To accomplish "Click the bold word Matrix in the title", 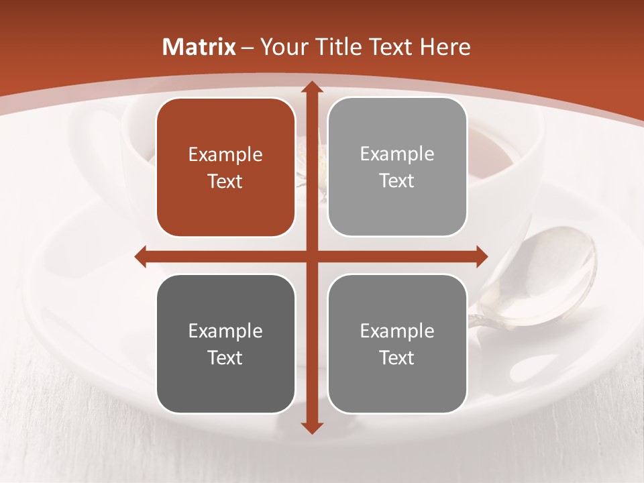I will click(x=199, y=47).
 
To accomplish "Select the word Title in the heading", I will click(x=340, y=47).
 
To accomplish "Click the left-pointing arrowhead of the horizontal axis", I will click(x=141, y=256).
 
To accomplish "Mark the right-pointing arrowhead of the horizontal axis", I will click(x=482, y=256).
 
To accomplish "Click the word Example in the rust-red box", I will click(x=225, y=155).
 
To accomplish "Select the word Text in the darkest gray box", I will click(x=225, y=358).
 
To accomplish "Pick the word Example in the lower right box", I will click(x=397, y=331).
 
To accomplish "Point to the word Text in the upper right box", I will click(x=397, y=181).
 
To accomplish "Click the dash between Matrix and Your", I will click(x=248, y=48).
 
